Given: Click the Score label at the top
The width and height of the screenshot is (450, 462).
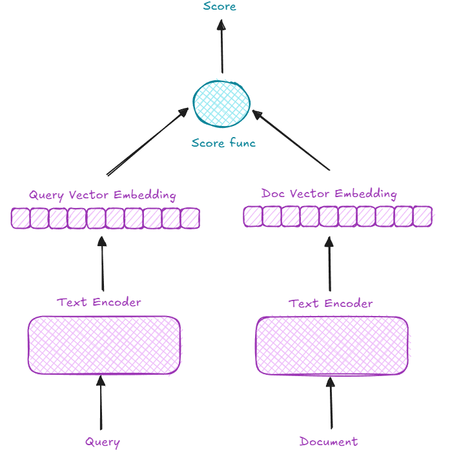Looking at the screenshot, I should pyautogui.click(x=220, y=6).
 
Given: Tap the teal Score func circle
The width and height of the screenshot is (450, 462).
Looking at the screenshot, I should pyautogui.click(x=221, y=103).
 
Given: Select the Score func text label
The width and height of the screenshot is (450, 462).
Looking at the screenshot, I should pyautogui.click(x=223, y=143).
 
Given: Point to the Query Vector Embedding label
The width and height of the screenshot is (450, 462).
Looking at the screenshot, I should pyautogui.click(x=102, y=195).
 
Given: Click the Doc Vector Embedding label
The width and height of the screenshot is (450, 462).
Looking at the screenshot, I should pyautogui.click(x=329, y=194).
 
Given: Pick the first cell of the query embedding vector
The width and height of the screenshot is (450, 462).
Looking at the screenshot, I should pyautogui.click(x=21, y=218).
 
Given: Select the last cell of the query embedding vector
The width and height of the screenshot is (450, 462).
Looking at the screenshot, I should pyautogui.click(x=190, y=218).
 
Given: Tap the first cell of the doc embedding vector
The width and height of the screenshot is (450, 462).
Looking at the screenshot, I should pyautogui.click(x=252, y=216).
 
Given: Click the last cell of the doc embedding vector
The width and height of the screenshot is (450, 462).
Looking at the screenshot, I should pyautogui.click(x=422, y=216).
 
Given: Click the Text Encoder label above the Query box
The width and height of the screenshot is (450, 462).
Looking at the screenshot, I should pyautogui.click(x=99, y=302).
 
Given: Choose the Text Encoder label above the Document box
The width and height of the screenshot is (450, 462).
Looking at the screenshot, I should pyautogui.click(x=331, y=303).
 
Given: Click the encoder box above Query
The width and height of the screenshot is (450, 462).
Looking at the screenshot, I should pyautogui.click(x=104, y=345).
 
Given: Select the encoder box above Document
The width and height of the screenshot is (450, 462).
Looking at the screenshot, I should pyautogui.click(x=332, y=346).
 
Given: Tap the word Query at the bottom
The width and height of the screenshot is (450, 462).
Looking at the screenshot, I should pyautogui.click(x=103, y=443).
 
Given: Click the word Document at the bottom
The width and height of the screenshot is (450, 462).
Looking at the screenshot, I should pyautogui.click(x=329, y=442).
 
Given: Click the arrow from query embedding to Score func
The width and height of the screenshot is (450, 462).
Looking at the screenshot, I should pyautogui.click(x=147, y=142).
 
